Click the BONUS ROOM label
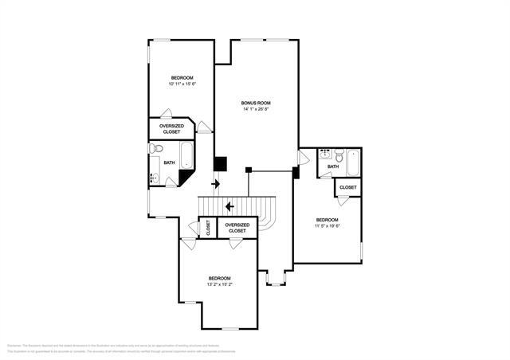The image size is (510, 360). coord(257,103)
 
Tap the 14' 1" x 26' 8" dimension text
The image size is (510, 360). coord(257,110)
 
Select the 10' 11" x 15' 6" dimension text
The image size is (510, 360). coord(182,84)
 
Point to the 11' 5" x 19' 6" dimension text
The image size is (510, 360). coord(327,226)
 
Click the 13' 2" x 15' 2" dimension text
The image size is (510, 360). coord(219,284)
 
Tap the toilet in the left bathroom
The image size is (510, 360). coord(156,148)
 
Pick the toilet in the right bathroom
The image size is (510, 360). coord(339,157)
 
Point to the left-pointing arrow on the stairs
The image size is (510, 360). coord(229,207)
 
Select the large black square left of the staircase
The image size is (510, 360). coord(220,164)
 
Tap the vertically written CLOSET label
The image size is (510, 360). coord(207,227)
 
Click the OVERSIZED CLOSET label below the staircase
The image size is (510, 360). coord(237,228)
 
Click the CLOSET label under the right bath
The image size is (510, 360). coord(348,187)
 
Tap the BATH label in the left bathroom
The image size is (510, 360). coord(169,162)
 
